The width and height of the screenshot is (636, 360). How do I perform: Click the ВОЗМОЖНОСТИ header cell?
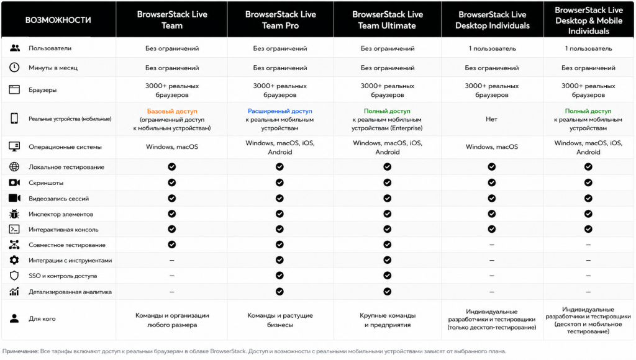click(x=58, y=20)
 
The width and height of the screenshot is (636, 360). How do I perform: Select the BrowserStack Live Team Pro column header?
click(x=280, y=20)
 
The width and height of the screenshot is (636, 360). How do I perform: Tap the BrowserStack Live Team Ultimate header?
click(x=388, y=20)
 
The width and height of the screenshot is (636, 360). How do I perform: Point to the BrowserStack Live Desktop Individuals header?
click(x=492, y=20)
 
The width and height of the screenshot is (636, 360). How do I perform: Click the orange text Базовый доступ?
click(x=172, y=111)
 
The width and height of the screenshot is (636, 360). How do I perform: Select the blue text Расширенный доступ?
click(x=280, y=111)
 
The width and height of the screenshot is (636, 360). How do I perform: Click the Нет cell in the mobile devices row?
click(x=492, y=119)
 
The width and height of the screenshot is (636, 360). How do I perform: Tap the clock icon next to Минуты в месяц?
click(x=14, y=67)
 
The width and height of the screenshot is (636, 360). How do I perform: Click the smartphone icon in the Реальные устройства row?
click(x=14, y=119)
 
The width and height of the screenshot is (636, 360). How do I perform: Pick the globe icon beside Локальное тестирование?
click(x=14, y=166)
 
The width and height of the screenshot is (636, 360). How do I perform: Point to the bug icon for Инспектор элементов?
click(x=14, y=214)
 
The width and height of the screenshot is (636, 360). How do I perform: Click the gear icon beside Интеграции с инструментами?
click(x=14, y=260)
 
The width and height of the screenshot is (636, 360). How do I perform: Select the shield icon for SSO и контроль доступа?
click(x=14, y=276)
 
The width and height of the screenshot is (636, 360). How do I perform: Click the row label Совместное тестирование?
click(x=67, y=245)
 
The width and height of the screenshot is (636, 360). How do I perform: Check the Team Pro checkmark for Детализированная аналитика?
click(x=280, y=292)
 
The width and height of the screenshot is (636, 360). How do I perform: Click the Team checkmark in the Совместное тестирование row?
click(x=172, y=245)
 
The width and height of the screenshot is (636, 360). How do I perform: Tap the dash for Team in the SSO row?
click(x=172, y=276)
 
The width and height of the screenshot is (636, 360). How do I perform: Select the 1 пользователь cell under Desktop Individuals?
click(x=492, y=48)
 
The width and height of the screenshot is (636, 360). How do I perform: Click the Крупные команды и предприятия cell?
click(x=388, y=320)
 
